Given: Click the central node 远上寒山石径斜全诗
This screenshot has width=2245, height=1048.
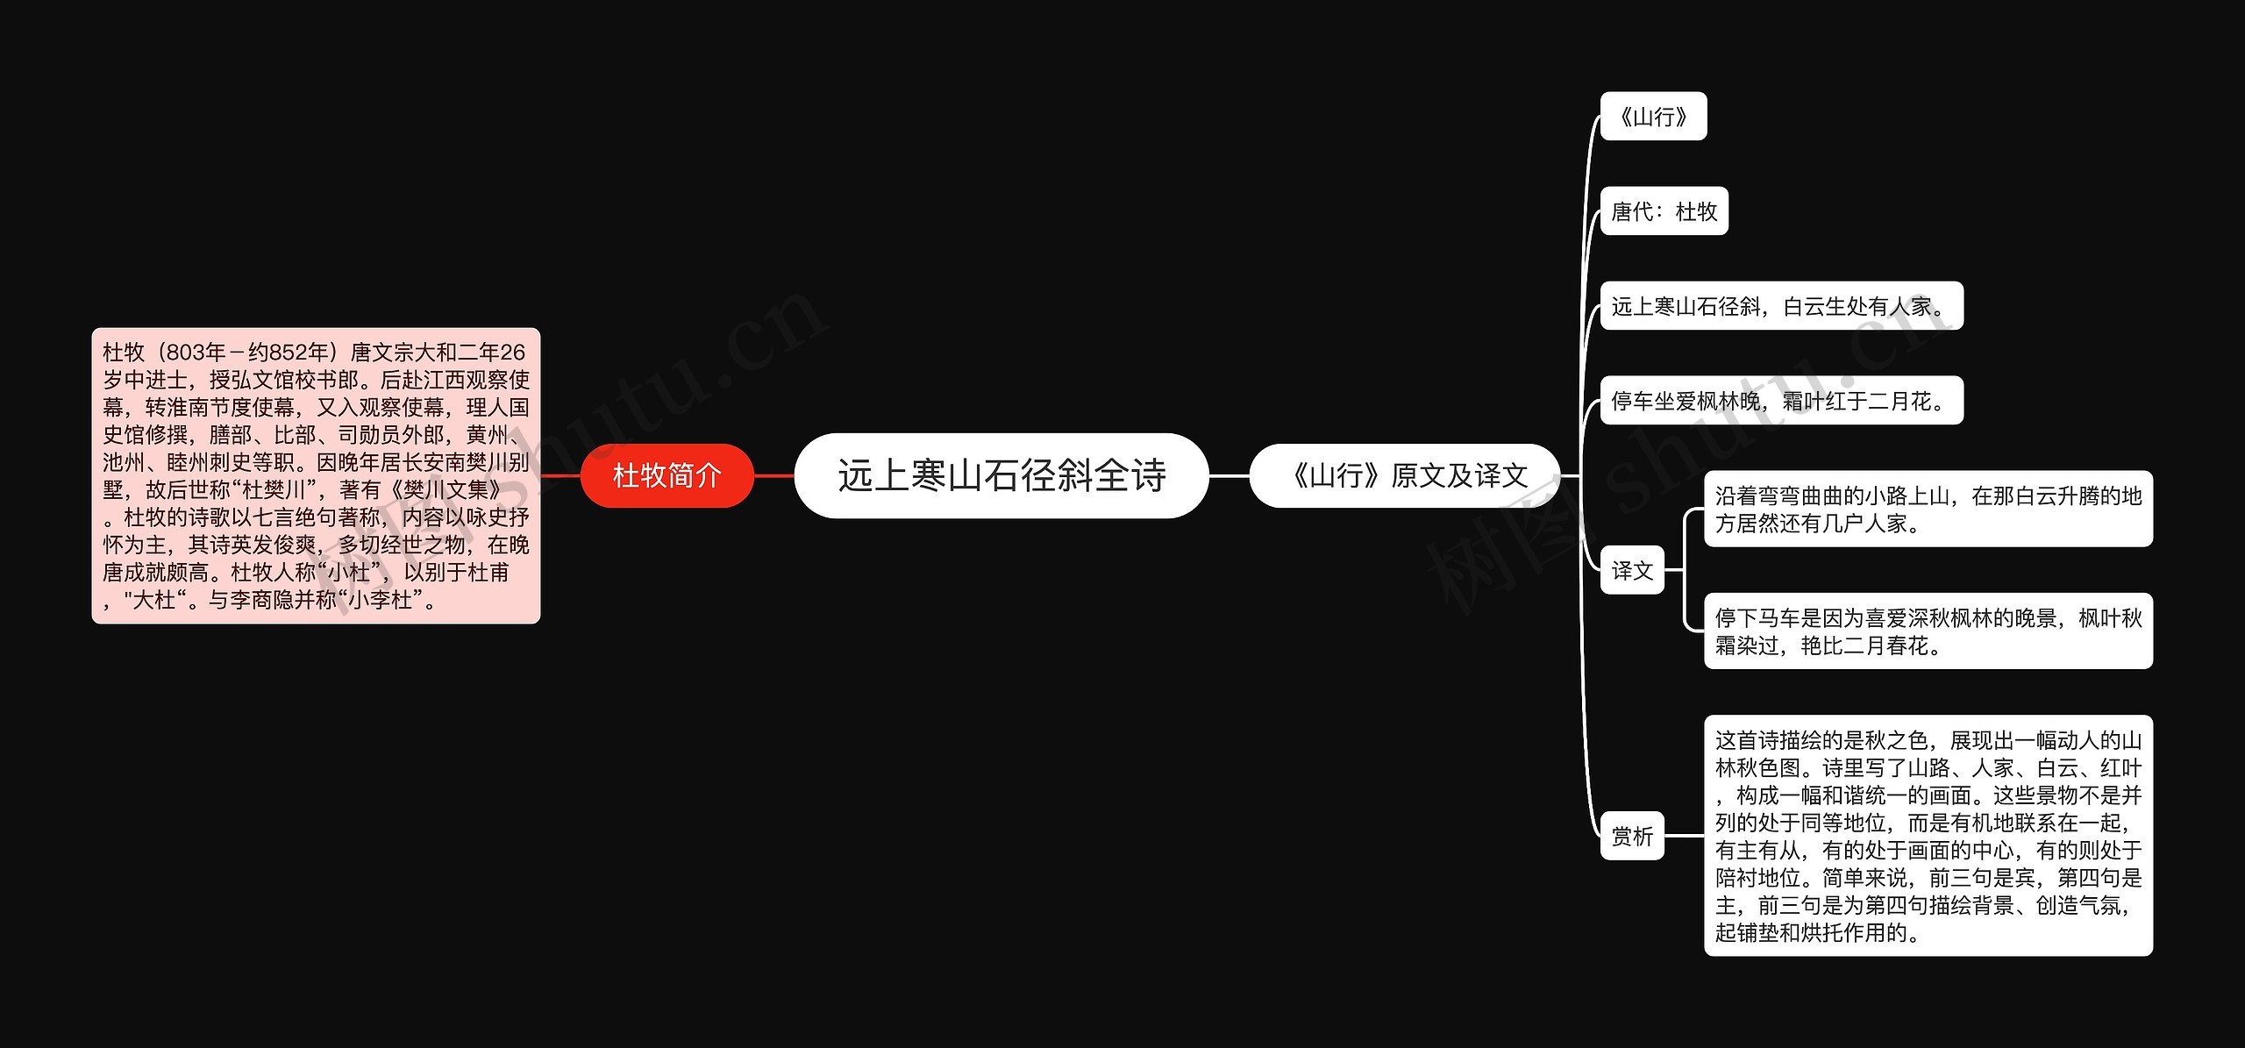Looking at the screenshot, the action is click(1001, 475).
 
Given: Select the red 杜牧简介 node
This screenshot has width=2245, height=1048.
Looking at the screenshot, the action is click(666, 475).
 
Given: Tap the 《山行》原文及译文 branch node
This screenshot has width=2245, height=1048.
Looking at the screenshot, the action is click(1404, 475).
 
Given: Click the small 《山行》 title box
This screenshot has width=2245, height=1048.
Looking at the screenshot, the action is click(1653, 116).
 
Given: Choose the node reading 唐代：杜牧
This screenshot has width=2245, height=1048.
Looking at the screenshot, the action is click(1664, 210).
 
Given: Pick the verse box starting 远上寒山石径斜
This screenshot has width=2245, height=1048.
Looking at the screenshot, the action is click(1780, 306).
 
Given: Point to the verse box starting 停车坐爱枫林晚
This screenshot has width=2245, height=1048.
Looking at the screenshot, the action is click(1780, 401).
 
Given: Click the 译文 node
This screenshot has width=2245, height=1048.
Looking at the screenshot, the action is click(1631, 570).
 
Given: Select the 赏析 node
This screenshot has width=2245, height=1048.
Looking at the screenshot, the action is click(1631, 836).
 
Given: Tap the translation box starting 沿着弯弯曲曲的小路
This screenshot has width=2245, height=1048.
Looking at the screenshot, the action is click(1928, 509).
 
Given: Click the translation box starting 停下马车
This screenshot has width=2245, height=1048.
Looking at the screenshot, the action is click(1928, 631).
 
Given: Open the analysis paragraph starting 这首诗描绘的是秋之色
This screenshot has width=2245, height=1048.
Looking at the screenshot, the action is click(1928, 836).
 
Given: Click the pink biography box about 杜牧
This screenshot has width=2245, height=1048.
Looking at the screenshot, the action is click(316, 475).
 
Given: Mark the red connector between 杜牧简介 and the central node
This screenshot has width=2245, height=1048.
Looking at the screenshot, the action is click(773, 475).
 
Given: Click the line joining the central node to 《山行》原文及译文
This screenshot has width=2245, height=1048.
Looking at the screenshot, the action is click(1229, 475).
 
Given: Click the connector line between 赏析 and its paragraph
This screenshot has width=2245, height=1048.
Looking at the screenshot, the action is click(1684, 836).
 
